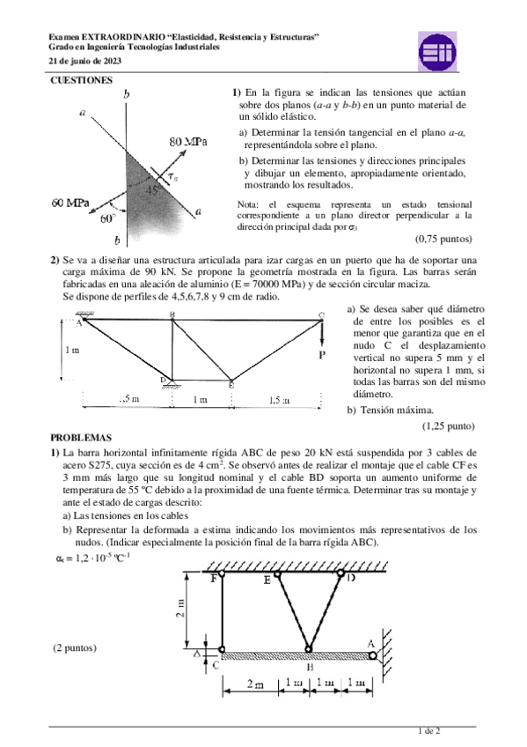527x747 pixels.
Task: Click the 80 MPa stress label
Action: [187, 141]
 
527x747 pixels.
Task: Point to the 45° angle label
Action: [153, 189]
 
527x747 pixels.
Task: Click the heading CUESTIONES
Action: [81, 80]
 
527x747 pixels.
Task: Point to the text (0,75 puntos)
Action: [443, 239]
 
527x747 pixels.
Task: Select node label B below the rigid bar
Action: [310, 668]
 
